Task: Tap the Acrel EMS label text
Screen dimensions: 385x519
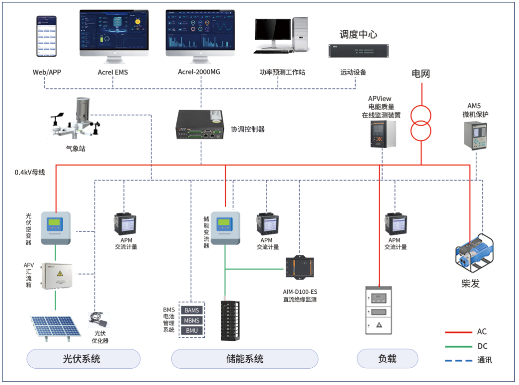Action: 113,73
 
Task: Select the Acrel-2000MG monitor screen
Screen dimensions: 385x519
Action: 200,30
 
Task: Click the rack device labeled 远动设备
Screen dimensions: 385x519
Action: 358,50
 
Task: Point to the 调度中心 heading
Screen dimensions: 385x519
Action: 358,34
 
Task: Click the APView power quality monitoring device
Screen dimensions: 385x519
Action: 383,134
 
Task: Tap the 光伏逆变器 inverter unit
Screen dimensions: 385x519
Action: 55,227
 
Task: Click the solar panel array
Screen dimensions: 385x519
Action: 55,327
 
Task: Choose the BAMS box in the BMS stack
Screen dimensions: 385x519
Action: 192,310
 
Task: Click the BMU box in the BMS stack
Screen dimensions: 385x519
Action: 192,331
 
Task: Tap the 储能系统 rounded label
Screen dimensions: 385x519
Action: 245,359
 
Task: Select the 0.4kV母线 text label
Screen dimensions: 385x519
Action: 30,172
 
